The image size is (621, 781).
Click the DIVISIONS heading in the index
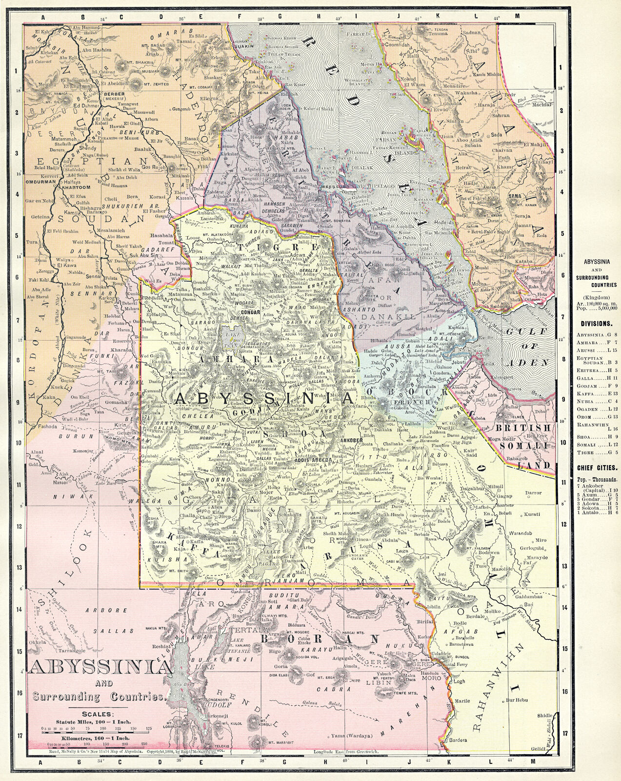pyautogui.click(x=596, y=323)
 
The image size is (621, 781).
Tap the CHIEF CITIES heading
pyautogui.click(x=596, y=467)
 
